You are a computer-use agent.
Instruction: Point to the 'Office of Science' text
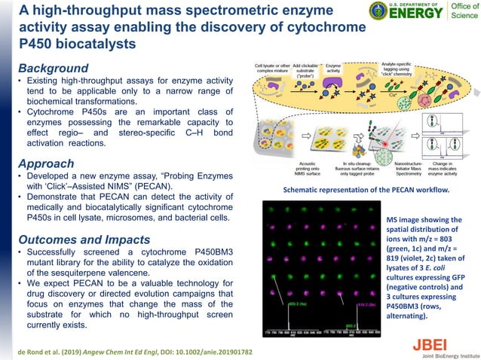pos(459,13)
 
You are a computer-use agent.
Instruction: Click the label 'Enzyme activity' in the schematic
pos(334,70)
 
